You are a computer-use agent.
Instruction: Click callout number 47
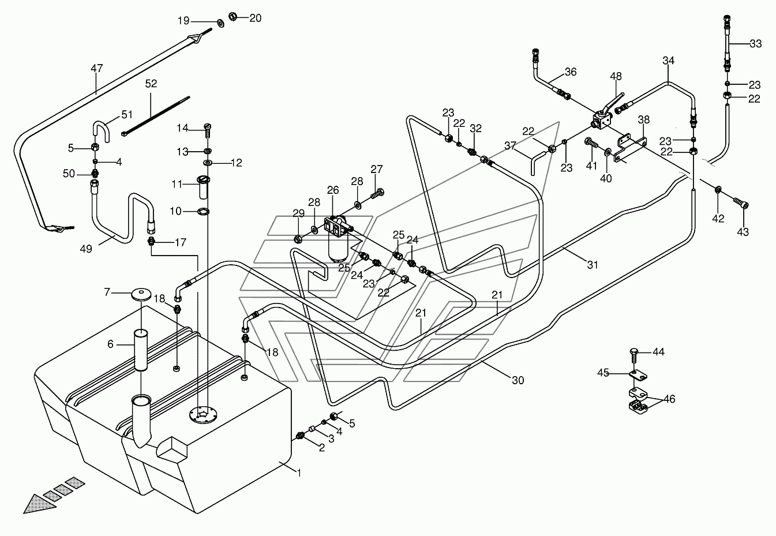97,68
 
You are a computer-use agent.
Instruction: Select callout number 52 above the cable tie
151,84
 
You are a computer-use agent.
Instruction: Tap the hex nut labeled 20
233,16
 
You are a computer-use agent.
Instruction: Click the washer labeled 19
220,24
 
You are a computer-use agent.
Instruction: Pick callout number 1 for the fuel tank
299,473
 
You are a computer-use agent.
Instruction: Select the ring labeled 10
203,211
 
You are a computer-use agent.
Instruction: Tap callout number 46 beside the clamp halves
669,399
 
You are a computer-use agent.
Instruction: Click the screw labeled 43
740,203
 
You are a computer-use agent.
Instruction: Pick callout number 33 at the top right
756,44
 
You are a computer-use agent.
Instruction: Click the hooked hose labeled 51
101,131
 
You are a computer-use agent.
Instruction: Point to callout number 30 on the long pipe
518,380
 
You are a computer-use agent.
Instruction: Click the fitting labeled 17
151,242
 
